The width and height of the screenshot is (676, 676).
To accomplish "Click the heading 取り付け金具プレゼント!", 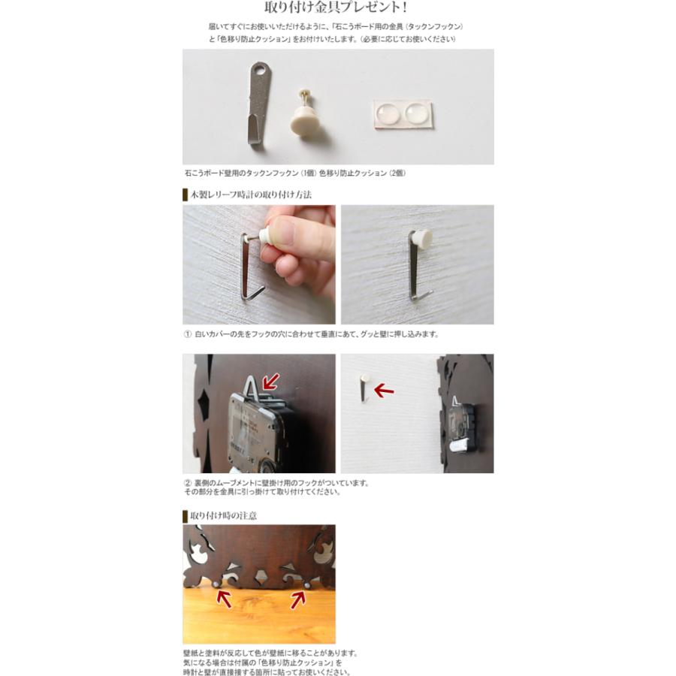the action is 336,7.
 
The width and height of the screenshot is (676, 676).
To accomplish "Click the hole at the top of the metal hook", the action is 260,68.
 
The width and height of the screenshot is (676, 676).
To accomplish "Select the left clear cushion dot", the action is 388,114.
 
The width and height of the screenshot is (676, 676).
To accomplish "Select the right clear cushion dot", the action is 416,113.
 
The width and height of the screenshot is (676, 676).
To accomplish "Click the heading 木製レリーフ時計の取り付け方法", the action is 251,195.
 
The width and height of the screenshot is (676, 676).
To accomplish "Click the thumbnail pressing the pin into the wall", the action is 258,264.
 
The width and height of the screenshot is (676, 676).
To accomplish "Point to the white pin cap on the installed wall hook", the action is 421,237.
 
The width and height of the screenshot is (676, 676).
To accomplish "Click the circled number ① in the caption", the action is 188,334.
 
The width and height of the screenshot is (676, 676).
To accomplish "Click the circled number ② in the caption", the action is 188,483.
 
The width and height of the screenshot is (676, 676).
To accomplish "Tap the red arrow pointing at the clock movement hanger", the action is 271,381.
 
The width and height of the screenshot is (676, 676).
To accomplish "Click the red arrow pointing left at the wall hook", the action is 384,391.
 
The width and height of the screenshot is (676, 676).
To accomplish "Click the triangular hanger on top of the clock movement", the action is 252,387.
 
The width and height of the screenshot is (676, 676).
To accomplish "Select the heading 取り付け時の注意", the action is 223,515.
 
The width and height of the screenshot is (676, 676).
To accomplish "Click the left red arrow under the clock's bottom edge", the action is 224,599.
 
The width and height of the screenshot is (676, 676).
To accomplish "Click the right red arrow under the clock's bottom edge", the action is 297,599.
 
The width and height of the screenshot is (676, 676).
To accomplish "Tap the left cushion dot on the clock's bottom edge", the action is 216,584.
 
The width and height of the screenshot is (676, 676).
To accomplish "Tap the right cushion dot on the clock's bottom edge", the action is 307,585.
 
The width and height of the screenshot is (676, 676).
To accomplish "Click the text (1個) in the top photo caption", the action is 309,174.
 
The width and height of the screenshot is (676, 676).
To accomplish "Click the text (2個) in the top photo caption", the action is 397,174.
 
